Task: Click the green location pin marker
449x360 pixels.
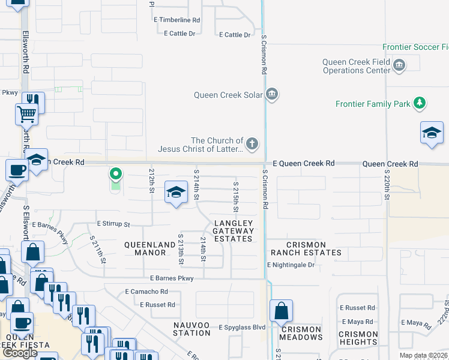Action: pyautogui.click(x=116, y=175)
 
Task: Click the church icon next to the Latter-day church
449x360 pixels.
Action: pyautogui.click(x=252, y=144)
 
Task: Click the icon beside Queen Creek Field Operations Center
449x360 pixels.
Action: pyautogui.click(x=399, y=65)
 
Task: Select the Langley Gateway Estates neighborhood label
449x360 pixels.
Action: pyautogui.click(x=234, y=231)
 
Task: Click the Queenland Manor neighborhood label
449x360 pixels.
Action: pyautogui.click(x=145, y=248)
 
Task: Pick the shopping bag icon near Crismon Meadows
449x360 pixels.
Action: pyautogui.click(x=280, y=311)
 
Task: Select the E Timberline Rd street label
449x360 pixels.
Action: pyautogui.click(x=176, y=20)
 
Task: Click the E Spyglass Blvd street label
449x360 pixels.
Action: pyautogui.click(x=242, y=327)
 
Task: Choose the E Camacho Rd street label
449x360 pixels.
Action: pyautogui.click(x=146, y=292)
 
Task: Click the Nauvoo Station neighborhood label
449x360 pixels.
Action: pyautogui.click(x=191, y=329)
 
